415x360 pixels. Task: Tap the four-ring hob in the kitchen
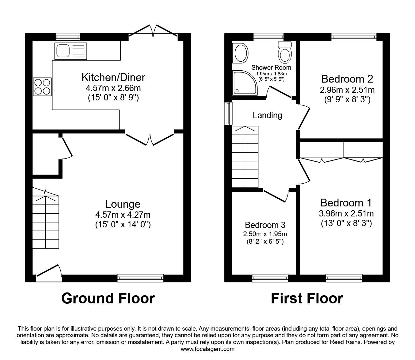coord(42,87)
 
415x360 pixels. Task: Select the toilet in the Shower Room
coord(285,53)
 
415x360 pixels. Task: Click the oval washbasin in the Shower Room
coord(241,53)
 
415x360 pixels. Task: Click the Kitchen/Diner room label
coord(113,77)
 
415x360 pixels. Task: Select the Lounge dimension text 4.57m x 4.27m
coord(123,215)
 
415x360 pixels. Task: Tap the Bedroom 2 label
coord(347,79)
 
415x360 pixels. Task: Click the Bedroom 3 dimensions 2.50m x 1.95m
coord(265,234)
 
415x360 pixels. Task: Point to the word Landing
coord(267,115)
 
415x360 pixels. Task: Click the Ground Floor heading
coord(108,298)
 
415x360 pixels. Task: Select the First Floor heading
coord(307,298)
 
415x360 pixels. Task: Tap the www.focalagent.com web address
coord(207,349)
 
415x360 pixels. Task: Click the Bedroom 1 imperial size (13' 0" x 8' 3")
coord(346,224)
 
